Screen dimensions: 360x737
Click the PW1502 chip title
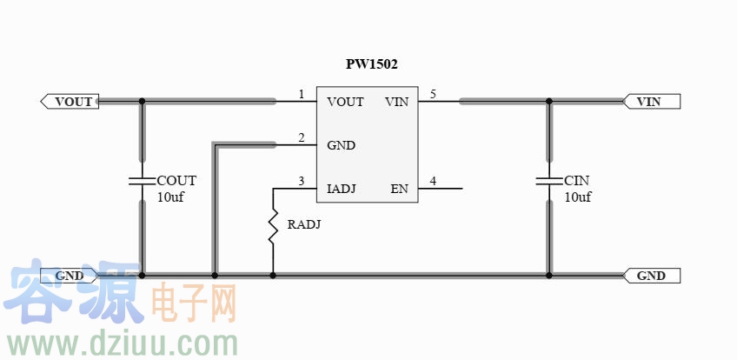(372, 64)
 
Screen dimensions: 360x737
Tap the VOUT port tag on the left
(70, 102)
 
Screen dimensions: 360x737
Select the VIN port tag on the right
(651, 102)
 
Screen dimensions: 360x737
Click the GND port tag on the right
(651, 276)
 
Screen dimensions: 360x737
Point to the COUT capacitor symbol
(142, 182)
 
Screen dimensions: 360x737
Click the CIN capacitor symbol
(549, 182)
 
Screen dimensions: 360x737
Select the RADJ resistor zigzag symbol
(273, 225)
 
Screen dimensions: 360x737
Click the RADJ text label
(304, 224)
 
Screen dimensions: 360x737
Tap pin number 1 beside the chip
(301, 94)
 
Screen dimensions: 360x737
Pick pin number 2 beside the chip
(301, 137)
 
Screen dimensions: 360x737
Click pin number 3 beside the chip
(301, 181)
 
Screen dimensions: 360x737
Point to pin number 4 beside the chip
(433, 181)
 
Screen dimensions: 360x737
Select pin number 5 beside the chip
(433, 94)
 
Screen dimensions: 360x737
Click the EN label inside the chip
(399, 189)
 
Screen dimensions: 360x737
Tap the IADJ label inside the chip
(342, 189)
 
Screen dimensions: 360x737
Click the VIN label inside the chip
(396, 102)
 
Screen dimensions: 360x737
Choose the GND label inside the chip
(341, 145)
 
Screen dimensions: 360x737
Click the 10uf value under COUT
(170, 197)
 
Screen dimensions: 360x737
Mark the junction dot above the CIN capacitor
(549, 102)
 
